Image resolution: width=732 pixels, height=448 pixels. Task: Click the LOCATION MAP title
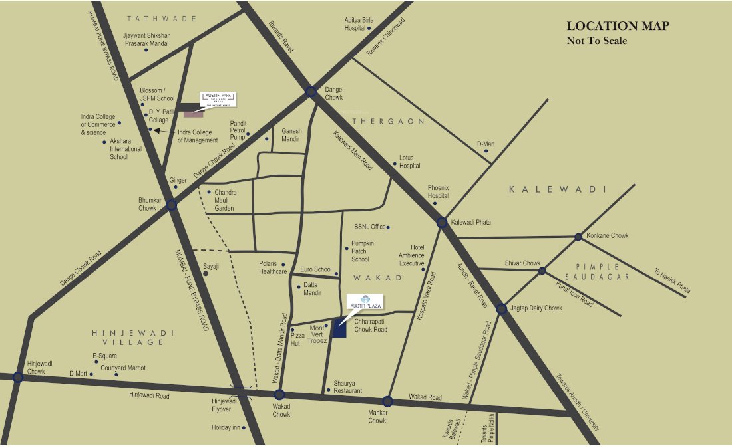click(x=618, y=26)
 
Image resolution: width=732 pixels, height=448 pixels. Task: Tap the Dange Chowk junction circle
click(x=311, y=92)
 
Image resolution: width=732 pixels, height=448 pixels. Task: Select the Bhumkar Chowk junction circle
click(x=171, y=205)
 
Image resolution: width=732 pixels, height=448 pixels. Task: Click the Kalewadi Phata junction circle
click(x=442, y=223)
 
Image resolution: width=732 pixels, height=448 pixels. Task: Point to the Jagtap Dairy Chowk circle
click(x=502, y=308)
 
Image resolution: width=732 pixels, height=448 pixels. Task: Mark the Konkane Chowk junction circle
click(x=578, y=237)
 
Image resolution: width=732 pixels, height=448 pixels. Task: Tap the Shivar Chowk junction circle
click(x=542, y=271)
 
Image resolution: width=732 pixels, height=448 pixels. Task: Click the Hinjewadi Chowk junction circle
click(x=18, y=377)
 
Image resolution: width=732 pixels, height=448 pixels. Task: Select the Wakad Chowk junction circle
click(x=279, y=394)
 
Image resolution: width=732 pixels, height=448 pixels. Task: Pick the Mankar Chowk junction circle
click(x=387, y=401)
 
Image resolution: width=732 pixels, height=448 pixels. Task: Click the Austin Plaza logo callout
click(x=363, y=300)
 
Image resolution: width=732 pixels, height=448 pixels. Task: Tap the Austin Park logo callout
click(x=219, y=99)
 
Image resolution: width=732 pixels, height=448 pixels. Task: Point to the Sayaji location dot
click(x=206, y=273)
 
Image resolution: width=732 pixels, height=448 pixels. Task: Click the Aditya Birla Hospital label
click(x=359, y=25)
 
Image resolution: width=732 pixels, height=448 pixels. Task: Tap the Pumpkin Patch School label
click(x=365, y=252)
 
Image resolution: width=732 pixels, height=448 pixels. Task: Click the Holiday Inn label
click(x=226, y=427)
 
